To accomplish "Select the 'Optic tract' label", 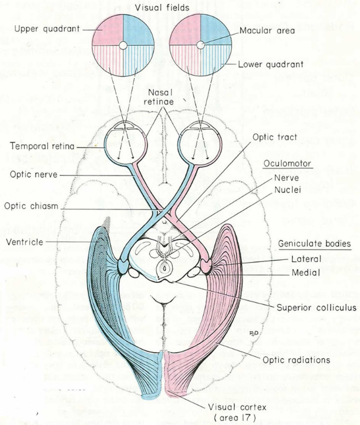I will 276,137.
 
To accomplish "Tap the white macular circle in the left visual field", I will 123,45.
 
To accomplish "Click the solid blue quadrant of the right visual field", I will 216,29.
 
